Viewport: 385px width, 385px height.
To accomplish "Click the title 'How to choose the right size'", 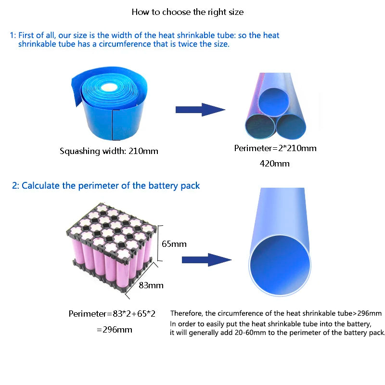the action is pyautogui.click(x=188, y=12).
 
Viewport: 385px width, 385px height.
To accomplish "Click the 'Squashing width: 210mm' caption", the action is pyautogui.click(x=109, y=151).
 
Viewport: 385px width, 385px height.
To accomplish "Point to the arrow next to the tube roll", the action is pyautogui.click(x=200, y=110).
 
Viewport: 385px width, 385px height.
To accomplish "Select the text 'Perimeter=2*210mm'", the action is pyautogui.click(x=275, y=148).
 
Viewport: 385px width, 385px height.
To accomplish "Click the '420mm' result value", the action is pyautogui.click(x=274, y=164).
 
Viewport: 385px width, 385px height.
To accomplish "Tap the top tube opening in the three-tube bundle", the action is pyautogui.click(x=273, y=102).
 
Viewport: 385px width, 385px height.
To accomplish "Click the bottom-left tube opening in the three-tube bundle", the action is pyautogui.click(x=260, y=127).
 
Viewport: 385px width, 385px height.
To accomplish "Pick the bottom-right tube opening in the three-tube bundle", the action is pyautogui.click(x=291, y=127).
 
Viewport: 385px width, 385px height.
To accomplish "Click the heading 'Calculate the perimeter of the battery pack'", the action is pyautogui.click(x=111, y=186).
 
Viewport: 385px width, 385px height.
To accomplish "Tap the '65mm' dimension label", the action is pyautogui.click(x=174, y=244).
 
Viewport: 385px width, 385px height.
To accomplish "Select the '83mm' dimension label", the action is pyautogui.click(x=151, y=285).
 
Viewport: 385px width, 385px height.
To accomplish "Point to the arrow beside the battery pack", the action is pyautogui.click(x=206, y=260).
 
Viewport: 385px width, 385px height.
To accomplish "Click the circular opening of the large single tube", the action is pyautogui.click(x=280, y=265).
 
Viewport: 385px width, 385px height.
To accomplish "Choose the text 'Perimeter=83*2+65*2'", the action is pyautogui.click(x=112, y=314).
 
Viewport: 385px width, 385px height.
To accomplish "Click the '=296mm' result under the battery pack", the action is pyautogui.click(x=115, y=330).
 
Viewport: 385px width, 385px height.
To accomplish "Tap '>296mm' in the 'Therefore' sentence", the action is pyautogui.click(x=367, y=313).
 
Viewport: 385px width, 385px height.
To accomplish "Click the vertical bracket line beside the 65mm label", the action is pyautogui.click(x=158, y=243).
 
